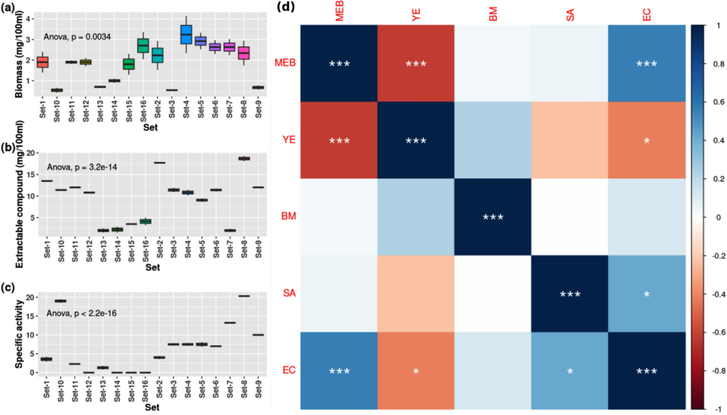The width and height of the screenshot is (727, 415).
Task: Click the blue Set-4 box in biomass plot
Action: point(186,35)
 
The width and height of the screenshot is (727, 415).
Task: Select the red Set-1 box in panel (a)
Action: point(43,62)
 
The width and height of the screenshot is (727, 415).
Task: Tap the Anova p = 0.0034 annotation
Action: point(77,37)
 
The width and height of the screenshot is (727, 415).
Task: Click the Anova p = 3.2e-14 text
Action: point(82,167)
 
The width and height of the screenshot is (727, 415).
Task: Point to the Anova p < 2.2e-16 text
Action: point(81,313)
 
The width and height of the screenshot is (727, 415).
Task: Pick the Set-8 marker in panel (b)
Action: point(244,158)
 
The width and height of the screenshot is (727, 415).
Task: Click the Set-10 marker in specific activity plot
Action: point(60,301)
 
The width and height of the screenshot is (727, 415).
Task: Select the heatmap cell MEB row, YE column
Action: point(416,63)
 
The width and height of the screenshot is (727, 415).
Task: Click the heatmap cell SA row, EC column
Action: point(647,294)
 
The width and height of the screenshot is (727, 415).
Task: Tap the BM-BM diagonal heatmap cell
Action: point(493,217)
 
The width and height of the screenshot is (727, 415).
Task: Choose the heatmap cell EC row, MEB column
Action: point(339,371)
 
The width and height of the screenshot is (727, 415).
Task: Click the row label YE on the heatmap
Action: point(289,140)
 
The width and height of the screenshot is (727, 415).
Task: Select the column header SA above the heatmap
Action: point(570,15)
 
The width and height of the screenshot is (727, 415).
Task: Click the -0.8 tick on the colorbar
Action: point(718,371)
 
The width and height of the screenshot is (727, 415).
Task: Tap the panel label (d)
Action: point(286,7)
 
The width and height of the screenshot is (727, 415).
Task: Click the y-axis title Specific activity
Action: point(19,334)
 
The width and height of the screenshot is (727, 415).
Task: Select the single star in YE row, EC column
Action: point(647,141)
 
